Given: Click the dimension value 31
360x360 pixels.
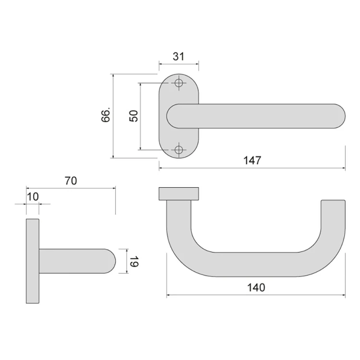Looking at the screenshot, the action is [179, 57].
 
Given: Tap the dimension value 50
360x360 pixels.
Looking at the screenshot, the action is [133, 116].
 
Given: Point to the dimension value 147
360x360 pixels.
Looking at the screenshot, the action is [252, 160].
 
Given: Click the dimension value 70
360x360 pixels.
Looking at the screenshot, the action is [71, 181].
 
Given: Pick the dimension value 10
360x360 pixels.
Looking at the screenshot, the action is [33, 197].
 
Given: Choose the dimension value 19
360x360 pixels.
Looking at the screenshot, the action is [133, 262].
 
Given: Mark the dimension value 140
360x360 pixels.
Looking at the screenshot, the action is [256, 288].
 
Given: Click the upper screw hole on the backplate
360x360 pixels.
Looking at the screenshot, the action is [179, 83].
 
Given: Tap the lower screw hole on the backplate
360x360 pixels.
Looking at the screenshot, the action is [179, 150].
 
